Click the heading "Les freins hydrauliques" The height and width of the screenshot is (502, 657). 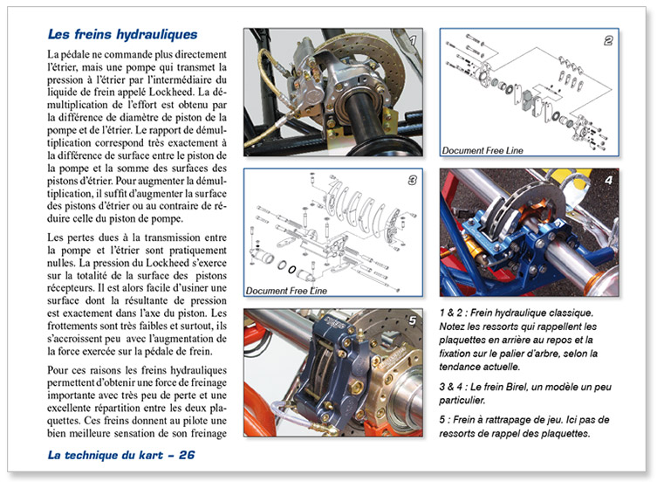pyautogui.click(x=122, y=36)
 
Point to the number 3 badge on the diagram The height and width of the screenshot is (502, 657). pyautogui.click(x=414, y=181)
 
